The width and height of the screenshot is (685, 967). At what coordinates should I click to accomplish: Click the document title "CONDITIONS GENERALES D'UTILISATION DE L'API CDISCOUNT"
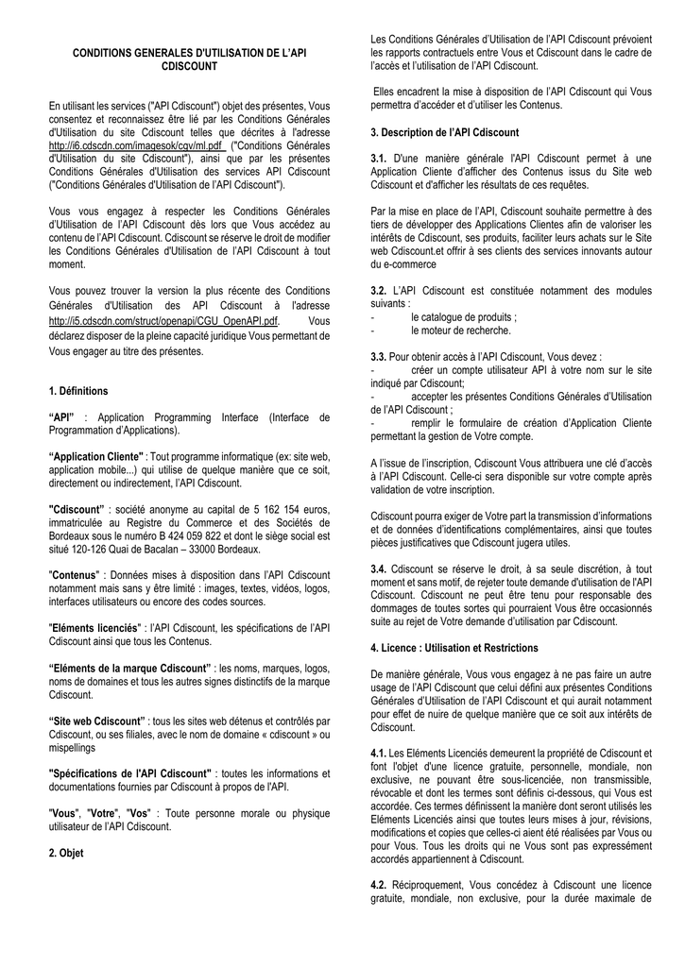189,60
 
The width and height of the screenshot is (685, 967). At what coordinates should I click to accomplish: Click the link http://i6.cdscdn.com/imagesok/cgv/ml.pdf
135,146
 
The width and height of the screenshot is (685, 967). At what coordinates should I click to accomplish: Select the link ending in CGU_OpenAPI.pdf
163,321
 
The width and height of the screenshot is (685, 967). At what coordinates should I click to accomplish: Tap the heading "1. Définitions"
77,391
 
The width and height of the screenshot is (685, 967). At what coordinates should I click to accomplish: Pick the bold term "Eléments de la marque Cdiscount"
129,669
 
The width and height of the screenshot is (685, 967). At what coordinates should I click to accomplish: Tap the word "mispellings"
76,745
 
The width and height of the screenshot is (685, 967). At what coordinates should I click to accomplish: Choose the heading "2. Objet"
65,853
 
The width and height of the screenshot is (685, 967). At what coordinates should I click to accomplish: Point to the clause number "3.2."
380,292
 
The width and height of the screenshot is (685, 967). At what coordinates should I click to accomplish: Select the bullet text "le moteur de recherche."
460,331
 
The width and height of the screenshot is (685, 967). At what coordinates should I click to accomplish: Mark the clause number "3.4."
379,569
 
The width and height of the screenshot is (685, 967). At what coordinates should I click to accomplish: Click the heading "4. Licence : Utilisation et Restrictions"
454,648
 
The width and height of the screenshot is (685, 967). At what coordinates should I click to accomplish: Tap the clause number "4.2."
380,885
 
